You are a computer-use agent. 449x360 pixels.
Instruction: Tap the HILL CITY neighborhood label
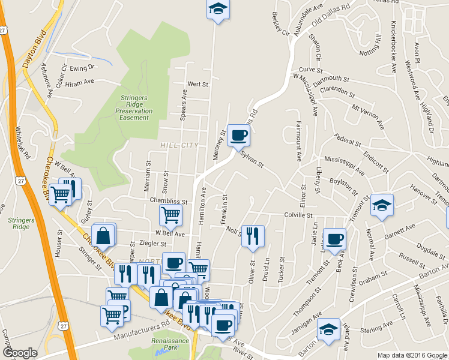pos(179,145)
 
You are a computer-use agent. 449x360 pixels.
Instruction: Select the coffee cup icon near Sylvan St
pos(239,136)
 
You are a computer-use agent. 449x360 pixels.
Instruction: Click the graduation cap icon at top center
pos(218,9)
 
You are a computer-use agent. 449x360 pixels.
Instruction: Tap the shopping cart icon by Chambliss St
pos(171,214)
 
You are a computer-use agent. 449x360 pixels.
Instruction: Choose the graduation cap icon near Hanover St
pos(382,205)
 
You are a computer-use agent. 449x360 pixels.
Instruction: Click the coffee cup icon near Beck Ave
pos(335,238)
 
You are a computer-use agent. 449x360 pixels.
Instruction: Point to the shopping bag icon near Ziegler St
pos(103,236)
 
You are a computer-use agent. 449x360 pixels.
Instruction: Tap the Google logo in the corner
pos(20,353)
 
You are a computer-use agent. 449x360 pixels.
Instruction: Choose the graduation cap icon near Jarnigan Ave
pos(328,330)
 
